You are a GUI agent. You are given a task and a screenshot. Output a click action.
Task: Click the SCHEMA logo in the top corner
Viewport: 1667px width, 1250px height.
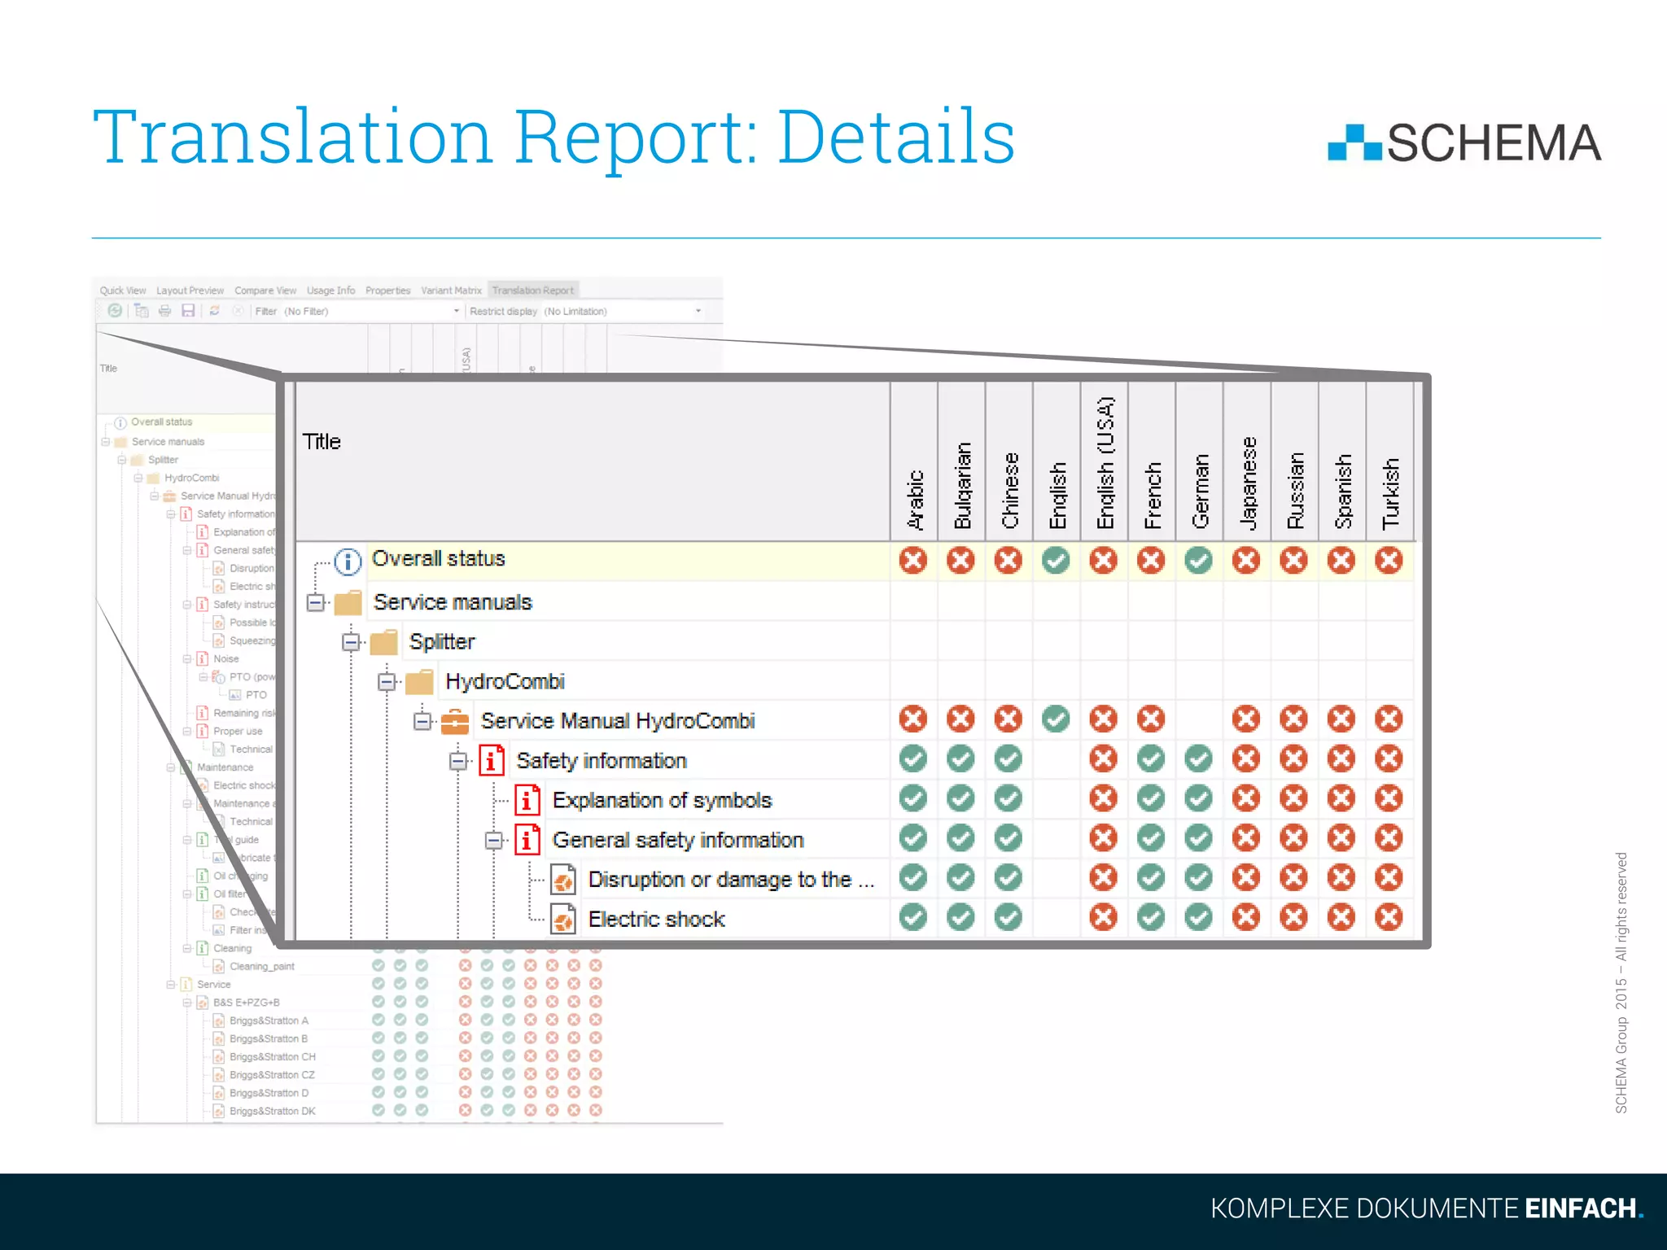point(1464,143)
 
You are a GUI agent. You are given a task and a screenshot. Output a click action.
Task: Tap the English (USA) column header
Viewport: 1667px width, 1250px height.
point(1105,462)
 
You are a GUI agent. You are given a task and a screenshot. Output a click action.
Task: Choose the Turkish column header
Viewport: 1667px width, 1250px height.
point(1390,493)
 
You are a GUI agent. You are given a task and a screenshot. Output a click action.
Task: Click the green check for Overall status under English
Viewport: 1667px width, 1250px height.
point(1056,561)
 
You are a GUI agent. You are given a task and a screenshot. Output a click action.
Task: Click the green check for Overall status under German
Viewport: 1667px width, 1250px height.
point(1198,561)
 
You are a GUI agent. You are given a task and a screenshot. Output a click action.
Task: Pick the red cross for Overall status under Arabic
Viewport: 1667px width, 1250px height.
point(913,561)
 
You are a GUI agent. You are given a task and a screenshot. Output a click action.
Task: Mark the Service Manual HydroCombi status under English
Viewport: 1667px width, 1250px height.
point(1056,719)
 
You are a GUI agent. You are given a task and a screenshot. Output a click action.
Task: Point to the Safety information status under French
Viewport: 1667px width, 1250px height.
point(1151,759)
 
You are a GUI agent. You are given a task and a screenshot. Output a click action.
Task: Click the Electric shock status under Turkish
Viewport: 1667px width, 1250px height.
point(1389,918)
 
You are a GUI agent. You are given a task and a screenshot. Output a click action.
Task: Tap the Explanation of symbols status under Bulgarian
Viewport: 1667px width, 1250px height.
point(960,799)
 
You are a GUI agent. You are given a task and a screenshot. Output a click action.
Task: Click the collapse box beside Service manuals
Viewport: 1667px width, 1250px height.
point(316,602)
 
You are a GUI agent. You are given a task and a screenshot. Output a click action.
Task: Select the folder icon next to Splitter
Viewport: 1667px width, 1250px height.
point(384,642)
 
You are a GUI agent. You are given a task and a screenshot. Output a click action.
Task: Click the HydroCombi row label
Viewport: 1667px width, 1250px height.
point(505,682)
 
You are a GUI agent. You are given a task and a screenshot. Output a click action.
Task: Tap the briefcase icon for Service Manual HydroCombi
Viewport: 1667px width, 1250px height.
point(455,721)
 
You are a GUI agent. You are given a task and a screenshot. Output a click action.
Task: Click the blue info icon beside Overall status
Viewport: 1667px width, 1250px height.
point(348,561)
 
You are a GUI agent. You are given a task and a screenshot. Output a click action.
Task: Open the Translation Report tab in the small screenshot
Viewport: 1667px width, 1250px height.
point(533,291)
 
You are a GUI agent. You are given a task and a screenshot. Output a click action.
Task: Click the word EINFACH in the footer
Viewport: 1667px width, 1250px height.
point(1580,1208)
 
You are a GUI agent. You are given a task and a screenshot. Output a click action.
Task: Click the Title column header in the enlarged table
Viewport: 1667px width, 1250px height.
point(322,442)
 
